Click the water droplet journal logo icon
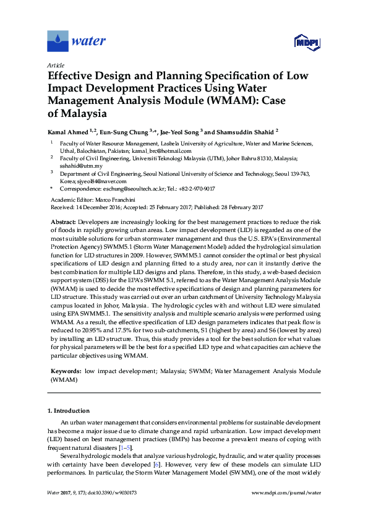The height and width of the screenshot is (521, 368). point(58,41)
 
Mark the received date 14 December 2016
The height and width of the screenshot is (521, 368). point(98,207)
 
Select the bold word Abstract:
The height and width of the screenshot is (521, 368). point(63,222)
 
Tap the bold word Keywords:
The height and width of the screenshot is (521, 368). point(66,370)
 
